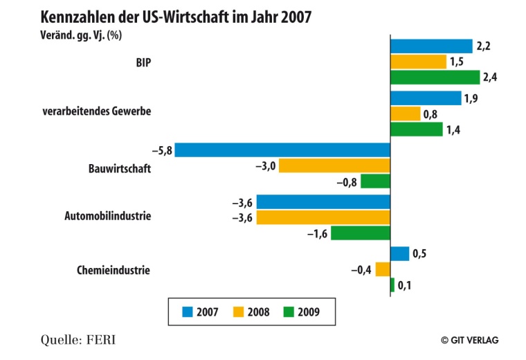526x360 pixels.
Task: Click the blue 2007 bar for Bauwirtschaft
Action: coord(282,150)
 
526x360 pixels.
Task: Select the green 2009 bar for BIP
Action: coord(435,77)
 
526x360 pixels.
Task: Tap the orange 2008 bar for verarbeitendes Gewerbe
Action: coord(405,114)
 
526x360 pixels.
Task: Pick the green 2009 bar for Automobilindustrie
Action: coord(360,233)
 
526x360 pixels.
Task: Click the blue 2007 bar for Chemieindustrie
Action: coord(399,253)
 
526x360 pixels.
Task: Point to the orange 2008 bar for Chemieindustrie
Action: coord(383,269)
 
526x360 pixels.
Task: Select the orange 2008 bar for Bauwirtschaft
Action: coord(334,165)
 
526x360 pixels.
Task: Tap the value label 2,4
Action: coord(490,77)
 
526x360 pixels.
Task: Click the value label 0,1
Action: coord(404,285)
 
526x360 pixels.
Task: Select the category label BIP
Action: coord(143,62)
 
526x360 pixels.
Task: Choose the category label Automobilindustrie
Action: coord(107,216)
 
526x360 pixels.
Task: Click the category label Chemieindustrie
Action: coord(113,269)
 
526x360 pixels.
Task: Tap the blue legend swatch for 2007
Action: coord(188,312)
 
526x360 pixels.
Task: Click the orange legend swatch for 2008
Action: coord(236,312)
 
